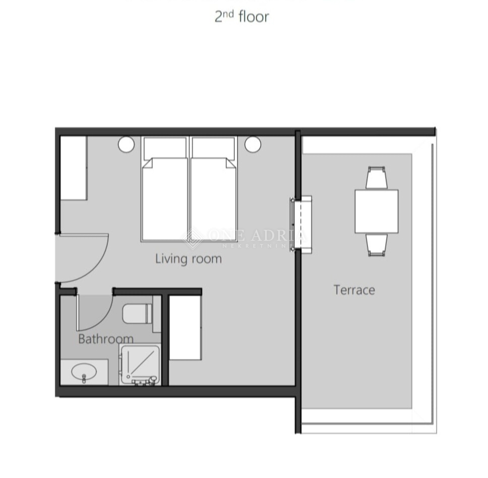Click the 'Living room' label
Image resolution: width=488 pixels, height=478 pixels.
point(188,259)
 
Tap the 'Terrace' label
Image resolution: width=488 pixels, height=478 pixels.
point(354,290)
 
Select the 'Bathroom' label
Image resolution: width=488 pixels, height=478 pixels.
point(106,338)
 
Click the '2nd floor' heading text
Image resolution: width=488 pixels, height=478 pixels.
point(241,16)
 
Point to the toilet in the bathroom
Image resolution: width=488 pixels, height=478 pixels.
point(137,313)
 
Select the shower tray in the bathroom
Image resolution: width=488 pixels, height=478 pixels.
point(140,364)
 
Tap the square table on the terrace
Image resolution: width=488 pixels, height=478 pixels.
point(376,211)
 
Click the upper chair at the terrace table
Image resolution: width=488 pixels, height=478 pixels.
point(377,178)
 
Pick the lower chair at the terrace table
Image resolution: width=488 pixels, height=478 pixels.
point(377,244)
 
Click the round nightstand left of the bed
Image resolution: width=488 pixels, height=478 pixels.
point(126,145)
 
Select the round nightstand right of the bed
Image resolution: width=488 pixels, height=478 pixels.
point(253,145)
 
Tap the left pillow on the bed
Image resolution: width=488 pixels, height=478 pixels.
point(165,148)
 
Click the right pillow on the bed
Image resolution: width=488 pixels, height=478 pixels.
point(213,148)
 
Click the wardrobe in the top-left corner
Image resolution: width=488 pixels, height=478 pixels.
point(74,168)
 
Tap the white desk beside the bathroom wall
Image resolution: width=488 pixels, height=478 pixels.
point(185,327)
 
